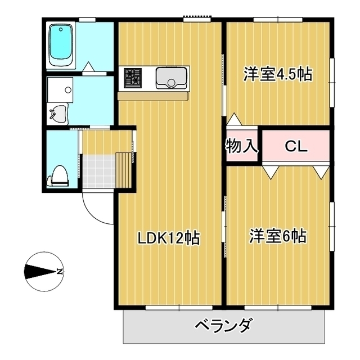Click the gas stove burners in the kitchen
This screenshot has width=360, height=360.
tap(133, 78)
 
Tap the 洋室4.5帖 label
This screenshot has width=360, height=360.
tap(278, 74)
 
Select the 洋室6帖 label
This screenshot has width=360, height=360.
tap(278, 236)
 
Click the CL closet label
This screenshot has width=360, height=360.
tap(295, 147)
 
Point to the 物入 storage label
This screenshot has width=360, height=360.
tap(242, 147)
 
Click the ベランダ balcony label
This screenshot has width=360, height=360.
tap(224, 326)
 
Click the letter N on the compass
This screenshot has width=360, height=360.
tap(59, 272)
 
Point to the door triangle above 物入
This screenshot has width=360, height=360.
tap(233, 119)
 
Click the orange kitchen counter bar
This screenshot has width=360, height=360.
tap(154, 96)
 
